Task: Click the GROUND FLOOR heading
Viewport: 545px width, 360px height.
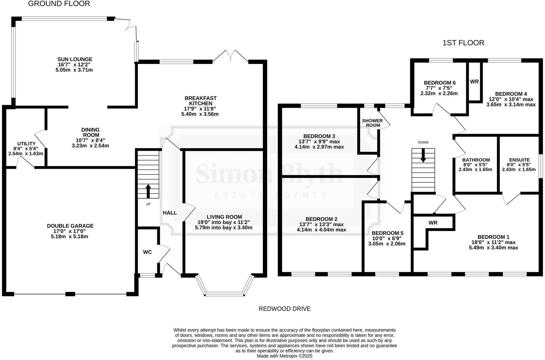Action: (x=59, y=4)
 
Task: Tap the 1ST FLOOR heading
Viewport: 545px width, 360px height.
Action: (x=463, y=43)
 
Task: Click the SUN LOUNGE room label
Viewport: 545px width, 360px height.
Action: (x=75, y=59)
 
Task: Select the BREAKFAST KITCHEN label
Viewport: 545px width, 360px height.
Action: (x=200, y=101)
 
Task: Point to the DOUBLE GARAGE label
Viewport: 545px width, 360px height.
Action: (x=70, y=226)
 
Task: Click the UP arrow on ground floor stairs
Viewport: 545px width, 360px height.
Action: (x=148, y=191)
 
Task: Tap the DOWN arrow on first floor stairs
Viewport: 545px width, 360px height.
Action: (x=423, y=156)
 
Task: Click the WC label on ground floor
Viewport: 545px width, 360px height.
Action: (x=148, y=252)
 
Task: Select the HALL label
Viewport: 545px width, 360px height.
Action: (x=170, y=213)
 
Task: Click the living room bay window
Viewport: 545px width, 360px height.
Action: (x=225, y=293)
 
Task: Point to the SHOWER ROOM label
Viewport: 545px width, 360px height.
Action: (x=373, y=123)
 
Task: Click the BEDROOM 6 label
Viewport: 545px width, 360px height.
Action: (x=439, y=83)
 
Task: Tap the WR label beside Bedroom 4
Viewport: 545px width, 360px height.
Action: (x=474, y=81)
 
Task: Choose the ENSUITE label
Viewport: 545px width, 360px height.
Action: (x=519, y=160)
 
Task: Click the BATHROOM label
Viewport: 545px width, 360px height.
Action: (x=476, y=160)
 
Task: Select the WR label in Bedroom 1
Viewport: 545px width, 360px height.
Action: (x=433, y=223)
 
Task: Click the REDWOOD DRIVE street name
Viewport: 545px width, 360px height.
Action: (x=284, y=309)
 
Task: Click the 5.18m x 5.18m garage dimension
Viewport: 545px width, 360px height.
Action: (x=70, y=236)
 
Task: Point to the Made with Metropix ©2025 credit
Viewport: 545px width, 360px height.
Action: (x=284, y=356)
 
